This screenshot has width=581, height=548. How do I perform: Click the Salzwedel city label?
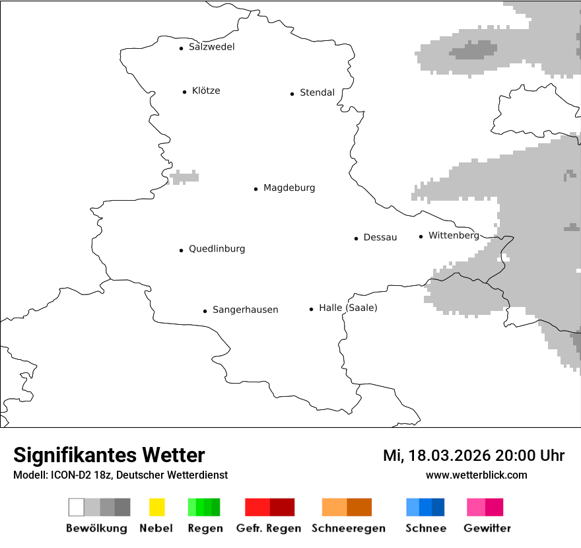211,47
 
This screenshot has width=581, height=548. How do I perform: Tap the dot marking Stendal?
292,94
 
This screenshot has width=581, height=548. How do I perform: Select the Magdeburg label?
289,188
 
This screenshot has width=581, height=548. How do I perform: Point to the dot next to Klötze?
184,92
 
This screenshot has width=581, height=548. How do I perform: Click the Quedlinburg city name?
217,249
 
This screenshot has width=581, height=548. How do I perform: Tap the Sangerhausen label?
245,310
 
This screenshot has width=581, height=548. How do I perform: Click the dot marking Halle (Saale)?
311,309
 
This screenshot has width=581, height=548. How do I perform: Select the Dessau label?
380,238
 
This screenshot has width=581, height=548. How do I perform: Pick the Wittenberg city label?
454,236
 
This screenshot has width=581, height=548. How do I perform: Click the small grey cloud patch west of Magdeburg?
184,176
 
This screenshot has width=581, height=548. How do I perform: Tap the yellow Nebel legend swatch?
156,507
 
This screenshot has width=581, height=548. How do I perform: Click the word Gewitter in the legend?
487,528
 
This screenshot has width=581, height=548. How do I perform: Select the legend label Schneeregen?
348,528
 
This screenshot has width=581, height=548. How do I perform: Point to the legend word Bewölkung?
96,528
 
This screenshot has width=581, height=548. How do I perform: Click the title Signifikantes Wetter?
109,455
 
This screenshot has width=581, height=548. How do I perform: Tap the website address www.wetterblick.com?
476,475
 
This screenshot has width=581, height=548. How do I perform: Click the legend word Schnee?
425,528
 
